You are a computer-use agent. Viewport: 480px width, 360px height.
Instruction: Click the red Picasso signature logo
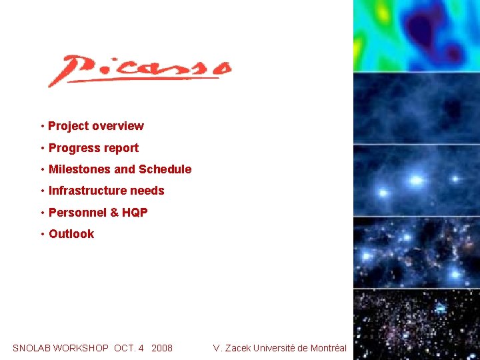pyautogui.click(x=139, y=70)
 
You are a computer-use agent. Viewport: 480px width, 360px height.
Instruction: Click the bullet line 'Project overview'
pyautogui.click(x=95, y=126)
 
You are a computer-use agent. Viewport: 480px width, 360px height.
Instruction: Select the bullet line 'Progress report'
pyautogui.click(x=93, y=148)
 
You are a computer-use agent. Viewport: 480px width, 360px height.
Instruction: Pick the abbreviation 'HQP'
pyautogui.click(x=135, y=213)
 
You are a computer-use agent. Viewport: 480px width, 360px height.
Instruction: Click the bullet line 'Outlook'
pyautogui.click(x=71, y=234)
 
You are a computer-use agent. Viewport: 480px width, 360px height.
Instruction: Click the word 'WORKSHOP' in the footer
pyautogui.click(x=81, y=348)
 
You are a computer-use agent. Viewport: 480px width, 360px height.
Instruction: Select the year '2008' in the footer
pyautogui.click(x=162, y=348)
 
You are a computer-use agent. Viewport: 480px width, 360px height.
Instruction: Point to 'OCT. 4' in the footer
pyautogui.click(x=129, y=348)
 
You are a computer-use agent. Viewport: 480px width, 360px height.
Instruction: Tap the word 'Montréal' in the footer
pyautogui.click(x=327, y=348)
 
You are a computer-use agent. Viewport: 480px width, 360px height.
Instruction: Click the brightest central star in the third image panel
pyautogui.click(x=416, y=180)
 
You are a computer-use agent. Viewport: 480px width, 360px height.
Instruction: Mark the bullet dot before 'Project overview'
pyautogui.click(x=42, y=126)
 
